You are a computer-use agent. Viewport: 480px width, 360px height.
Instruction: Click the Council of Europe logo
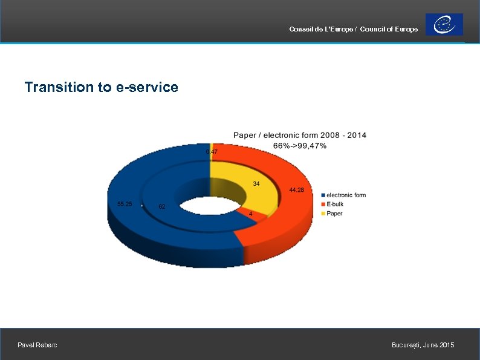pos(444,25)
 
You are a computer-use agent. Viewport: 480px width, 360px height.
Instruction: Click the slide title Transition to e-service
pos(101,87)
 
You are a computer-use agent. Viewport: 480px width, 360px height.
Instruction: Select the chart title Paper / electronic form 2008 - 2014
pos(299,135)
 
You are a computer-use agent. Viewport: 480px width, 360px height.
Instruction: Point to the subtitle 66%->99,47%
pos(300,145)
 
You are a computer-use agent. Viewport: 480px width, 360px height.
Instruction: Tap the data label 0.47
pos(212,151)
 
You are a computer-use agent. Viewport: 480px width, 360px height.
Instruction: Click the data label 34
pos(256,183)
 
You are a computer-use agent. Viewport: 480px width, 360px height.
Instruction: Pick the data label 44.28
pos(296,190)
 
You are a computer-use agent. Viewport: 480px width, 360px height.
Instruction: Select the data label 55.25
pos(125,204)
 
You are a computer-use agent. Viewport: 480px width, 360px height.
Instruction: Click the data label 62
pos(162,207)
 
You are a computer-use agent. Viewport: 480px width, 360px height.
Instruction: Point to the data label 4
pos(251,213)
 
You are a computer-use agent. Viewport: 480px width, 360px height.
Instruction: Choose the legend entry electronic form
pos(346,195)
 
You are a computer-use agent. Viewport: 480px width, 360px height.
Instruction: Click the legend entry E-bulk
pos(335,204)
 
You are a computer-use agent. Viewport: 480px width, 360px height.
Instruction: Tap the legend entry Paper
pos(334,213)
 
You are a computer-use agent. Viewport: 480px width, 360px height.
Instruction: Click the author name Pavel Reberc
pos(37,345)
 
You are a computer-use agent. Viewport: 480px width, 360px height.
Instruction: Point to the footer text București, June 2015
pos(423,345)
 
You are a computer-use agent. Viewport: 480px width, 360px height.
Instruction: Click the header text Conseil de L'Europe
pos(321,30)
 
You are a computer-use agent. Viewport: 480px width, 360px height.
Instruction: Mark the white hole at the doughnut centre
pos(206,207)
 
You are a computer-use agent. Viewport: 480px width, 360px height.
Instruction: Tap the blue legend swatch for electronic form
pos(323,195)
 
